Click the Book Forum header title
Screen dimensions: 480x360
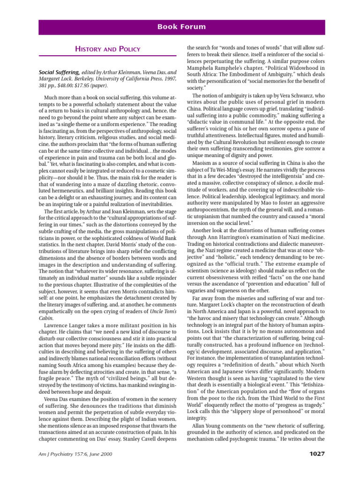(x=181, y=27)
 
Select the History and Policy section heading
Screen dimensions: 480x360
(x=108, y=49)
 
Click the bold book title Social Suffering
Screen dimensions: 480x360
(x=59, y=73)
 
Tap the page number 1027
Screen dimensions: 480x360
(x=314, y=453)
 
